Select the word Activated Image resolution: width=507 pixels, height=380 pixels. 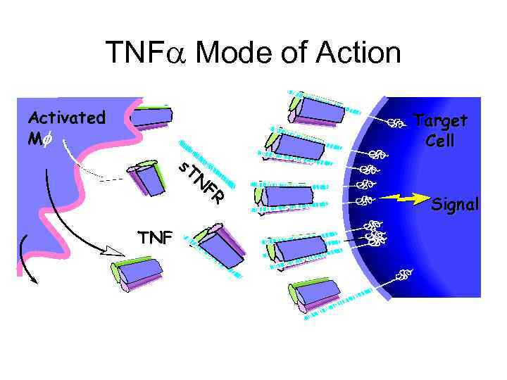click(66, 118)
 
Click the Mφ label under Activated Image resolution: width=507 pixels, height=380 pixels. click(39, 139)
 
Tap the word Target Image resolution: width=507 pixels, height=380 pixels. click(440, 120)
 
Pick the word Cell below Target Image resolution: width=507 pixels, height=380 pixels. click(440, 140)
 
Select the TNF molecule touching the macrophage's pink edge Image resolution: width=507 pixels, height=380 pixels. click(151, 117)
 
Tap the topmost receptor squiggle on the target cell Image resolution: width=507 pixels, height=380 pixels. click(396, 124)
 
